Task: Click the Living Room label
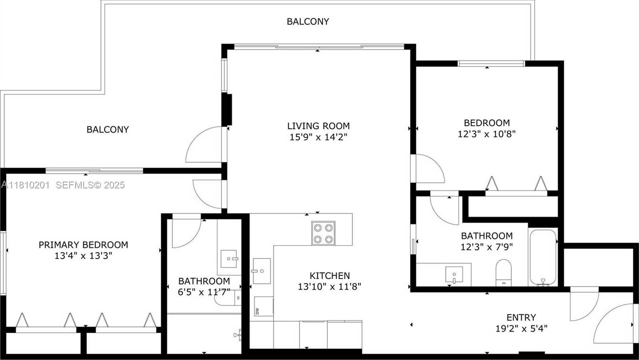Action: (x=318, y=126)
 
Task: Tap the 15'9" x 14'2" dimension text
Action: (x=318, y=137)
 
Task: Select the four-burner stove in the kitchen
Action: (x=323, y=233)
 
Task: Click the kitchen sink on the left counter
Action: (x=262, y=271)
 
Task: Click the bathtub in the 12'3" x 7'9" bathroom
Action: (x=543, y=257)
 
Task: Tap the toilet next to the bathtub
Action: (x=503, y=272)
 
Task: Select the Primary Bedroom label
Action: (x=83, y=245)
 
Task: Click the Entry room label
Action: (x=521, y=318)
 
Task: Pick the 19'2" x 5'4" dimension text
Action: (x=521, y=329)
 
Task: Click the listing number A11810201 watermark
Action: (x=26, y=185)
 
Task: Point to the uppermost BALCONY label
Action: (x=308, y=22)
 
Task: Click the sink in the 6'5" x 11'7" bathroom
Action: (x=230, y=259)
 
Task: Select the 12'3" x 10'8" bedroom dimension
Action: (x=486, y=134)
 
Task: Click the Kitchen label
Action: (x=329, y=276)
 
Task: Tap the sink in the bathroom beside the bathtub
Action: (x=454, y=274)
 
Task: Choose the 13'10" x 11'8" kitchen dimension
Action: (x=329, y=287)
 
